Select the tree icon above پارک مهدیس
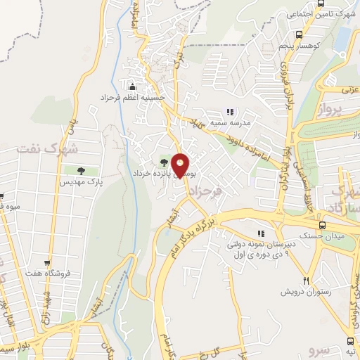point(82,170)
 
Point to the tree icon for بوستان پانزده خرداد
point(165,162)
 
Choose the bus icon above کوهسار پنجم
point(300,34)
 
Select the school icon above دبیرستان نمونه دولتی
point(260,233)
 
